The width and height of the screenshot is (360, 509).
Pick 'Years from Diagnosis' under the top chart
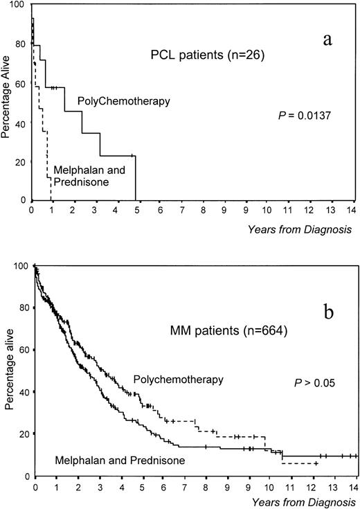[x=306, y=228]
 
